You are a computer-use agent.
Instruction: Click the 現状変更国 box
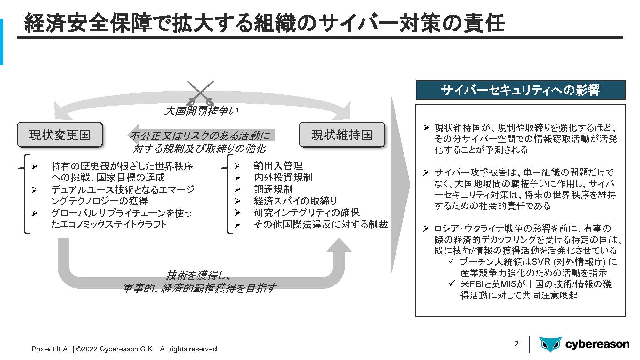point(60,134)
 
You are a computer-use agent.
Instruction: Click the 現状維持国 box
point(342,134)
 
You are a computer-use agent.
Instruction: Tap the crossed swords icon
point(200,93)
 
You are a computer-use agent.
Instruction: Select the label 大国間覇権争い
point(201,111)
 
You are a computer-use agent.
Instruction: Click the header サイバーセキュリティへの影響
point(520,90)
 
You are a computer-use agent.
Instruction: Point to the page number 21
point(518,344)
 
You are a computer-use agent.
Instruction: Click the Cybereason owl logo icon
point(550,344)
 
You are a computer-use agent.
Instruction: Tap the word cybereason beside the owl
point(597,344)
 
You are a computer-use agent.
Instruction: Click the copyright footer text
point(124,349)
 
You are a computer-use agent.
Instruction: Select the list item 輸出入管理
point(278,166)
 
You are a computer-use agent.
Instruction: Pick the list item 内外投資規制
point(283,177)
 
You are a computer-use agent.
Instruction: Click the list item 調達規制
point(273,189)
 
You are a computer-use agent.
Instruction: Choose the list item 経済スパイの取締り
point(295,201)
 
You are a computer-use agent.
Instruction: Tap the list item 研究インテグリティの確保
point(307,212)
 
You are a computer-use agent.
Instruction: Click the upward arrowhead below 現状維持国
point(339,244)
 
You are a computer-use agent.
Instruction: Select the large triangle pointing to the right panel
point(400,185)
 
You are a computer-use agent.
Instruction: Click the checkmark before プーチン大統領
point(452,261)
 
